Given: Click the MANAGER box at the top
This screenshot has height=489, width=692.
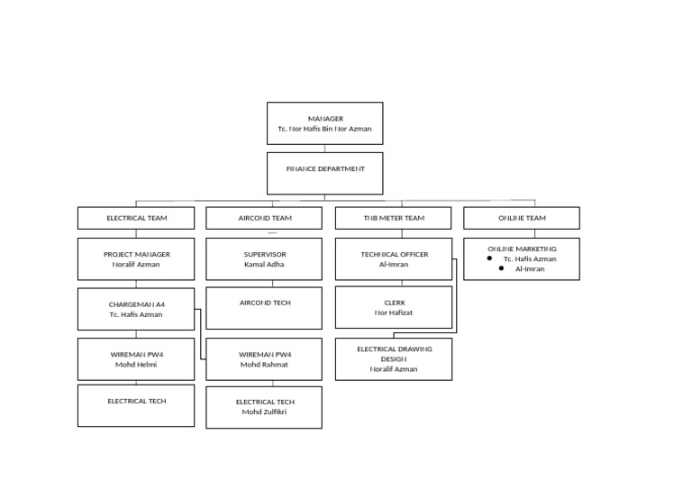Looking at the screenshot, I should [x=324, y=122].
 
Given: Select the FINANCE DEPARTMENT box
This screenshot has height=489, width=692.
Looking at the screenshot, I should [x=324, y=173].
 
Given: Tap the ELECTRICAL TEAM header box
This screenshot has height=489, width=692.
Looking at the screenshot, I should [x=136, y=218].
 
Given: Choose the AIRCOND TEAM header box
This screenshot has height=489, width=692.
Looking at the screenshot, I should [x=264, y=218].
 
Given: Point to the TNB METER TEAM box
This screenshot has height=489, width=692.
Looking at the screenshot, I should [x=394, y=218].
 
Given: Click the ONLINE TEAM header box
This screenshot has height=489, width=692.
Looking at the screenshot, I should [x=522, y=218].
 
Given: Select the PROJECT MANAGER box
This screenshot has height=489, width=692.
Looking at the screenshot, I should [x=136, y=259].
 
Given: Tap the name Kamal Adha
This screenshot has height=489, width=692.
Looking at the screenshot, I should [x=264, y=265].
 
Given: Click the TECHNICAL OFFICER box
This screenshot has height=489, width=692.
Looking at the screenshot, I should [x=394, y=259].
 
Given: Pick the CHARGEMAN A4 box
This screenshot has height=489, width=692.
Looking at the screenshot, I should [x=136, y=309].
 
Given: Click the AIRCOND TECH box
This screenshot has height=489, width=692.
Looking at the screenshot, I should [x=264, y=307].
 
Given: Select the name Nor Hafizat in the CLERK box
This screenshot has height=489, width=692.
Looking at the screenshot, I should [x=394, y=312].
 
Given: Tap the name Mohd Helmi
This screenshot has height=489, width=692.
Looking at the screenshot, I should [x=136, y=365].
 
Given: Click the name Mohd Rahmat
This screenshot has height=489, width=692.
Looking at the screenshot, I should [x=265, y=365].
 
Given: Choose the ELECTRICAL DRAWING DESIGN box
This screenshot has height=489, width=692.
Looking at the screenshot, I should [x=394, y=358].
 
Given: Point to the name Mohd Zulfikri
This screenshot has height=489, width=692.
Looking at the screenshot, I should [x=264, y=412].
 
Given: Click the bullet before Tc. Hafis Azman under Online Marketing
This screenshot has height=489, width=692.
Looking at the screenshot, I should [x=489, y=258].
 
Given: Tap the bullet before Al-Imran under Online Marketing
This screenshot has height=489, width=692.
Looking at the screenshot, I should [x=501, y=268].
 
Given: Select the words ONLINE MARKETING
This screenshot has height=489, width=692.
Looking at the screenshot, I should [x=522, y=249].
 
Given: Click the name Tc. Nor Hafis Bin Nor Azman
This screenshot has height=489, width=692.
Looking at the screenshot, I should [x=324, y=129].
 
